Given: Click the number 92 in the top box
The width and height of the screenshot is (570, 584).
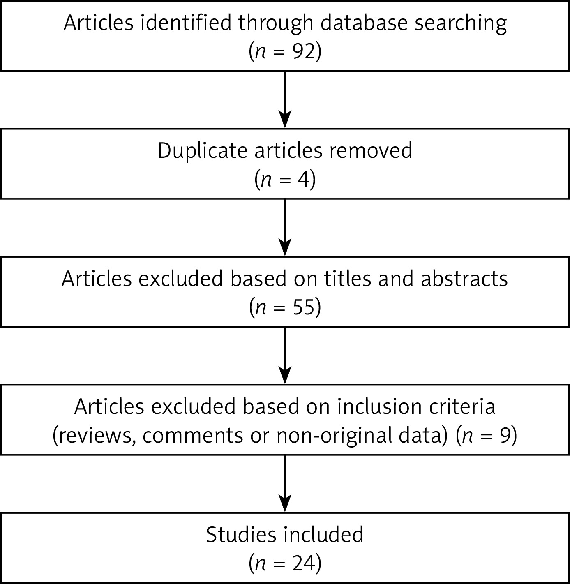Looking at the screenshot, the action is (x=303, y=51).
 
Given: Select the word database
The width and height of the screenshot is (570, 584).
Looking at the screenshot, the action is (x=364, y=23).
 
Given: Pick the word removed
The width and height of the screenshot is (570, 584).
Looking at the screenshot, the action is (x=371, y=151).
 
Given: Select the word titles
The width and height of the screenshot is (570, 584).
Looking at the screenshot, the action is (x=348, y=279).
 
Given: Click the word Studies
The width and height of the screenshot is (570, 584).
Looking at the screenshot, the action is (x=241, y=535).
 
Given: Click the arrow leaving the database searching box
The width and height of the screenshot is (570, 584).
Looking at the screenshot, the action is (x=285, y=99).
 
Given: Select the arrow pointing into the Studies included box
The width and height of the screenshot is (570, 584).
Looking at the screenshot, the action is (x=285, y=484).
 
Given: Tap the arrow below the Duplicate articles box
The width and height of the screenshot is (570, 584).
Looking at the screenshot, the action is (x=285, y=228).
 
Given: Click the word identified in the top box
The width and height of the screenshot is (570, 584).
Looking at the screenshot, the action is (x=186, y=23).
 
